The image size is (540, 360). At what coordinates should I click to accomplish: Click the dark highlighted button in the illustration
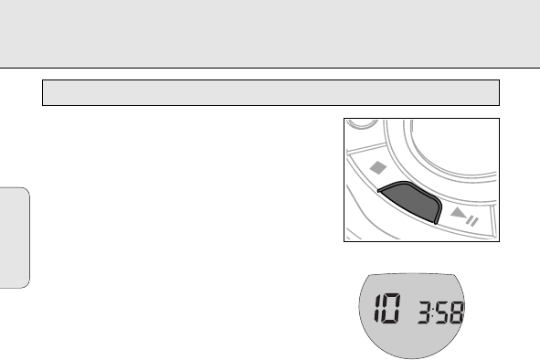[411, 201]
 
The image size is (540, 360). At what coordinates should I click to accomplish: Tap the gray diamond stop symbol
[378, 168]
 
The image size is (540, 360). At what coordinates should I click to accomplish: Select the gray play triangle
[459, 213]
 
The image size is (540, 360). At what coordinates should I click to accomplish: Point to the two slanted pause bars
[472, 221]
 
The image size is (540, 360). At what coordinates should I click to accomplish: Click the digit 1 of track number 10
[379, 308]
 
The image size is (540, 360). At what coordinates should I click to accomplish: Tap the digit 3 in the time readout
[425, 312]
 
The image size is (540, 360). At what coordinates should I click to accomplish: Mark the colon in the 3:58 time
[434, 312]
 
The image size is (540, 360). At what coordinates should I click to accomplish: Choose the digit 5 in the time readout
[442, 312]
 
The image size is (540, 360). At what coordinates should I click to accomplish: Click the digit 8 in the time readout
[457, 312]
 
